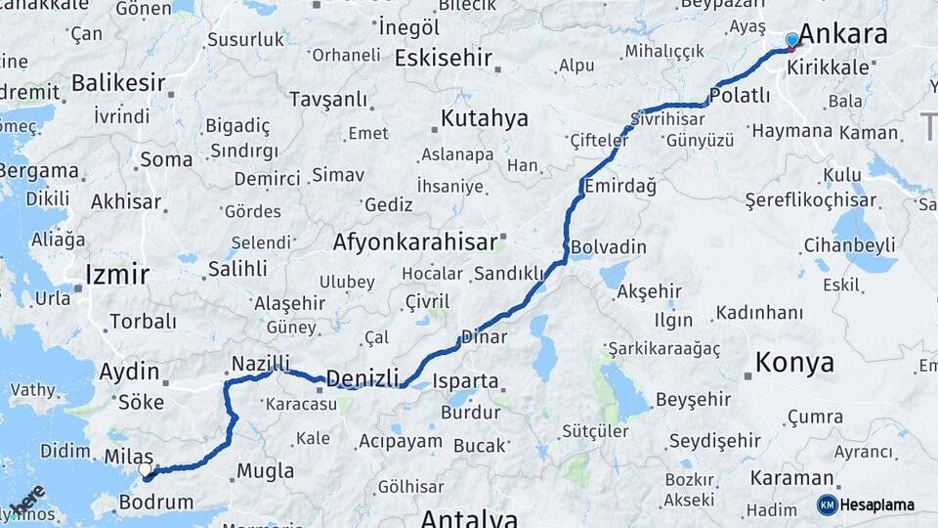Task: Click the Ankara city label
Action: pos(844,34)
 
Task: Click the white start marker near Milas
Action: pos(146,470)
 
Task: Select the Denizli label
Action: pos(362,378)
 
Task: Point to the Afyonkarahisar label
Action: pos(414,242)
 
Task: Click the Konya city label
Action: pos(794,363)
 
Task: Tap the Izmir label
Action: pos(117,274)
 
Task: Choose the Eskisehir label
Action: pos(443,58)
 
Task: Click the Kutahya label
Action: pos(484,118)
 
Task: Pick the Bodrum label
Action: pos(155,503)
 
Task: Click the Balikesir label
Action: pos(118,82)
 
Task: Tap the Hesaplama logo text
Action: pos(878,505)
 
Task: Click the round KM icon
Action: pos(828,505)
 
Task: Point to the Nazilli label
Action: pos(259,364)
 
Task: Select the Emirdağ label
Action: pos(619,186)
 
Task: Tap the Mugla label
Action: pos(265,471)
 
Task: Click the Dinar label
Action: pos(484,336)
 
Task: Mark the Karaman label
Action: pos(791,479)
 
